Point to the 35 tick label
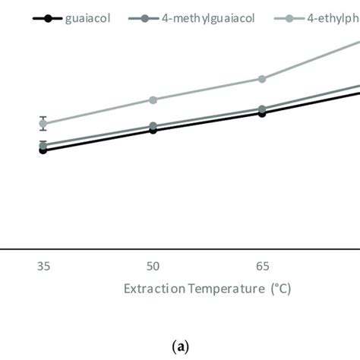[43, 266]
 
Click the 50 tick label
[153, 266]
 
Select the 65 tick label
[262, 266]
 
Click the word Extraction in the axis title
[150, 289]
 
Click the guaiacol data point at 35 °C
[43, 150]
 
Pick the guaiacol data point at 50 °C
[153, 130]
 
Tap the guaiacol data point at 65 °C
[262, 113]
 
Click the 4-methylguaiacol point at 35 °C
[43, 145]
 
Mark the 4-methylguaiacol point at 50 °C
[153, 126]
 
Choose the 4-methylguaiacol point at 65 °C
[262, 109]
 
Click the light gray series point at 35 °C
[43, 123]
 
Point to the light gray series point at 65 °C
[262, 79]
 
